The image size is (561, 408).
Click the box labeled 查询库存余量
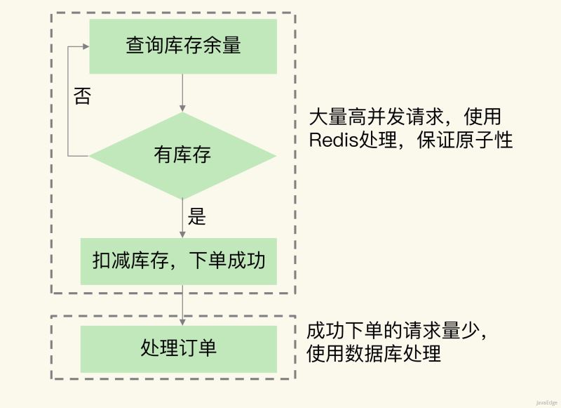tap(183, 46)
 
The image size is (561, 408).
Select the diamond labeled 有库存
tap(183, 155)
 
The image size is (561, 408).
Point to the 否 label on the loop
tap(82, 96)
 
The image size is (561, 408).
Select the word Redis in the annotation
tap(334, 140)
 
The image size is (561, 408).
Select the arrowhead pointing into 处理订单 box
tap(183, 321)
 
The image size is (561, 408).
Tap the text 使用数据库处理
tap(374, 353)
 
